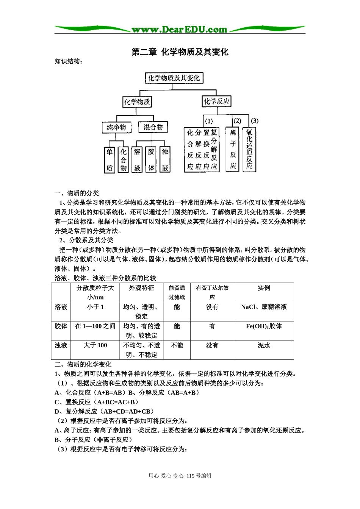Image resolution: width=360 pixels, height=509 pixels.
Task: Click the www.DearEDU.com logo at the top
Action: click(180, 29)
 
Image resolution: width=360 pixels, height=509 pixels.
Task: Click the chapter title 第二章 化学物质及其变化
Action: click(180, 52)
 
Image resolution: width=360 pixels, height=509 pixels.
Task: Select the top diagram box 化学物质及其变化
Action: click(174, 78)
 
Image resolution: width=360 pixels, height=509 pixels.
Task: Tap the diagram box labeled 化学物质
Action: click(137, 101)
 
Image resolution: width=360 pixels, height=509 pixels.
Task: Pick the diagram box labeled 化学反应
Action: click(216, 101)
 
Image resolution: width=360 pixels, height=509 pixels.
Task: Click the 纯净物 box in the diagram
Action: click(116, 127)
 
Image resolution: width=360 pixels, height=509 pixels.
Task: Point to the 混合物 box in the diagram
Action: click(153, 127)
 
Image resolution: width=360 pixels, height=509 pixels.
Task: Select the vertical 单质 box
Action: click(110, 160)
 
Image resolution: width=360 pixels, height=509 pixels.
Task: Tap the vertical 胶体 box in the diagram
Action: click(151, 160)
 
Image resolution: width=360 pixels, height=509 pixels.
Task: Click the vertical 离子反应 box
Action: click(233, 149)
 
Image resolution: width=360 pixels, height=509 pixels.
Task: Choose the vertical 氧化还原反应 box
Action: click(249, 149)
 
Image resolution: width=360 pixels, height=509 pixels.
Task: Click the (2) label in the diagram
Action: click(237, 121)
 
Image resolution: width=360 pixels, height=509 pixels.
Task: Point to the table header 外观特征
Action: click(141, 288)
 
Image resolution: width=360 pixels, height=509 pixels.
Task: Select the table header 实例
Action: click(264, 288)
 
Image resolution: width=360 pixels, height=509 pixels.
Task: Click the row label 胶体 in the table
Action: click(61, 326)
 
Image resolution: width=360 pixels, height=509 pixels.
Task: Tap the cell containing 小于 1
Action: click(95, 307)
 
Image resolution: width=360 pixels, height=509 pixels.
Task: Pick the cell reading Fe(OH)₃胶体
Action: click(264, 326)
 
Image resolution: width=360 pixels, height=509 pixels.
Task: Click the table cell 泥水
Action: click(264, 345)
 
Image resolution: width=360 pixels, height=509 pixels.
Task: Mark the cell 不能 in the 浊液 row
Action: click(177, 345)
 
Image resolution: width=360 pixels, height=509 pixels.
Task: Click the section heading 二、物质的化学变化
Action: click(83, 364)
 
